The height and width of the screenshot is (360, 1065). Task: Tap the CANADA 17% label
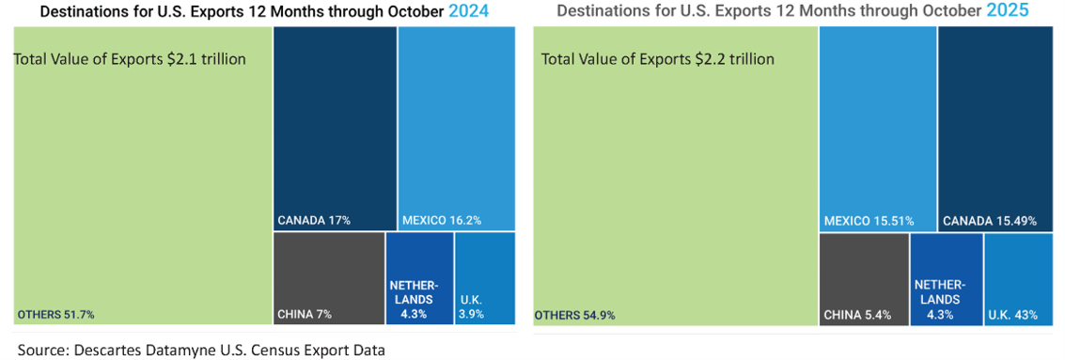314,221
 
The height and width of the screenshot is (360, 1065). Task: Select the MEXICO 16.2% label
442,221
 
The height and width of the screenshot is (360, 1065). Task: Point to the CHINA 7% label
305,314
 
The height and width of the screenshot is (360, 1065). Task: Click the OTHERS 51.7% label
55,314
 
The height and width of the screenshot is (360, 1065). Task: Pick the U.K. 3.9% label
472,307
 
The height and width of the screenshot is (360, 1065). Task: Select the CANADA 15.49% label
991,221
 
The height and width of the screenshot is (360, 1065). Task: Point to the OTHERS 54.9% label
574,315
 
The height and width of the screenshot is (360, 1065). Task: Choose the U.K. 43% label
1012,315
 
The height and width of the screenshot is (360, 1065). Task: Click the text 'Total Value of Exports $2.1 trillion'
130,59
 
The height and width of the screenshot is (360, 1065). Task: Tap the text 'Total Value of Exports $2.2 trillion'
658,59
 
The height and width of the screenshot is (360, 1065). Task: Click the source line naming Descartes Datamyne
201,350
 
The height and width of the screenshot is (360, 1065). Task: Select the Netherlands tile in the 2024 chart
419,277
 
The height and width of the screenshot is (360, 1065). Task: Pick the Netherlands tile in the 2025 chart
947,278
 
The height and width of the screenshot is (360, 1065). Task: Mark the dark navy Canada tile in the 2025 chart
995,122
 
